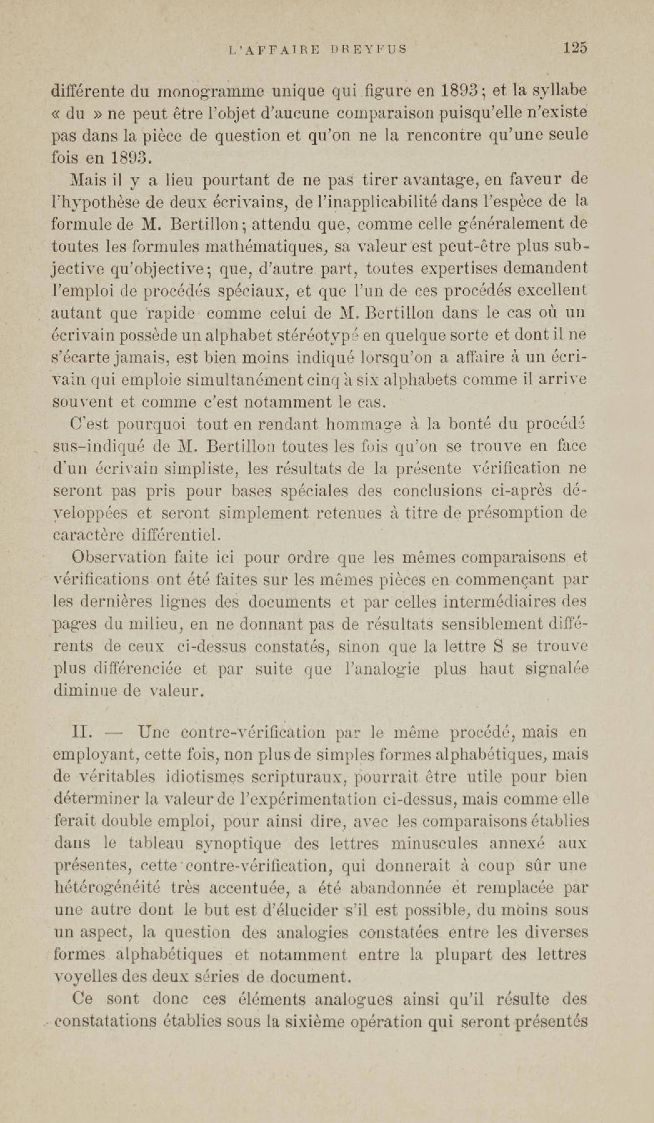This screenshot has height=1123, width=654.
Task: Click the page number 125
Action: tap(575, 47)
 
